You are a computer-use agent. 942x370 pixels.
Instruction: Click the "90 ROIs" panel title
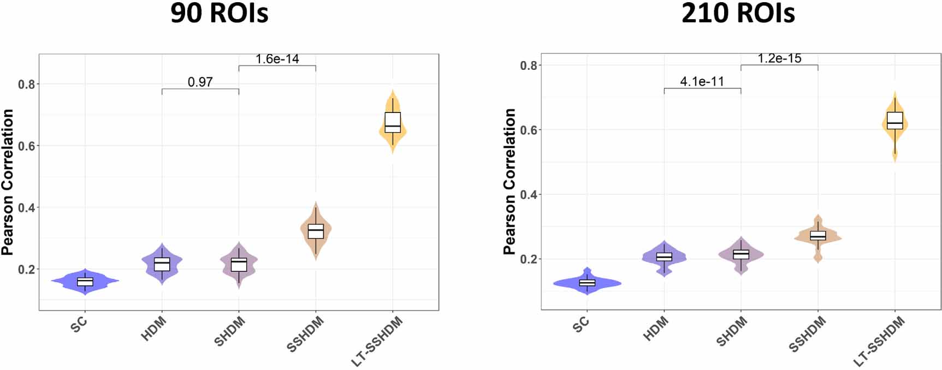point(219,13)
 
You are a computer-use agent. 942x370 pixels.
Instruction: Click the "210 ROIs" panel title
point(738,13)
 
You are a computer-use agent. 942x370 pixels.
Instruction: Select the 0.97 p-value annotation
point(200,82)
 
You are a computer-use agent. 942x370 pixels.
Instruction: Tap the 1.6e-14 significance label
point(277,59)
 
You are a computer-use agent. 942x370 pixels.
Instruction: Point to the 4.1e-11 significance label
point(702,82)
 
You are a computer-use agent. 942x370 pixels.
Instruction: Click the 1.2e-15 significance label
point(779,58)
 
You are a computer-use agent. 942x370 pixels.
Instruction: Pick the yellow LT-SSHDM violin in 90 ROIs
point(393,141)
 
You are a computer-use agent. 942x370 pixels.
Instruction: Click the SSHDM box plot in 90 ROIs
point(316,231)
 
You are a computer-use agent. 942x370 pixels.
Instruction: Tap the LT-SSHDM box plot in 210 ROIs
point(894,120)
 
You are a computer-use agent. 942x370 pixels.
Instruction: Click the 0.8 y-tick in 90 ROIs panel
point(26,85)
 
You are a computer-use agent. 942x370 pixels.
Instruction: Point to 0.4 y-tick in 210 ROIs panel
point(528,195)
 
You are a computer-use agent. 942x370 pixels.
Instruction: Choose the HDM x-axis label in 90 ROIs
point(153,329)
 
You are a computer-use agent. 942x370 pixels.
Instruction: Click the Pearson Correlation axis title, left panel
point(8,182)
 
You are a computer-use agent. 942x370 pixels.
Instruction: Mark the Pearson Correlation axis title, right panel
point(509,182)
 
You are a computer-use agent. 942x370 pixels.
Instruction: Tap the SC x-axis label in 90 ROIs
point(79,325)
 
